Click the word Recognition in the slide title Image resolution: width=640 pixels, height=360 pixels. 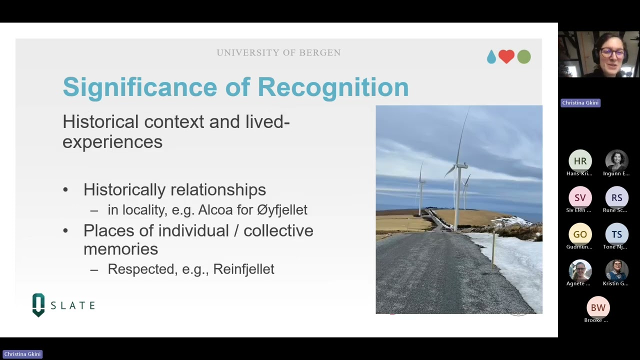[333, 87]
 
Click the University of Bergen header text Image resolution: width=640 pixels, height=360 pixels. [278, 53]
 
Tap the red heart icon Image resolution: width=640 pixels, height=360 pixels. [506, 56]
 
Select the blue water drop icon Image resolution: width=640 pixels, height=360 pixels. [491, 57]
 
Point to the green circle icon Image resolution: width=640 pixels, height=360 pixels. [523, 57]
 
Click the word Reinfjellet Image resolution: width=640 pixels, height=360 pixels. [243, 269]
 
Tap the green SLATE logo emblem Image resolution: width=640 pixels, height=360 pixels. [38, 304]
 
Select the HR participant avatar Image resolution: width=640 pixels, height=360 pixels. [580, 161]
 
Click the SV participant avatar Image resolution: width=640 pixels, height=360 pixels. [580, 197]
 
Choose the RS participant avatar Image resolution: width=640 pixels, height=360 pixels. [616, 197]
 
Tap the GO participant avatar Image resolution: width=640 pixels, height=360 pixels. [580, 234]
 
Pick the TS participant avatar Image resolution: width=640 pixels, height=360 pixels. [616, 234]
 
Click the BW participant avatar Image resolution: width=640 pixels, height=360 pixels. [598, 307]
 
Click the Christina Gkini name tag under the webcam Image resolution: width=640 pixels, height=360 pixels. [580, 102]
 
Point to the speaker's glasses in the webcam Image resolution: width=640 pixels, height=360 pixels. [612, 52]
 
